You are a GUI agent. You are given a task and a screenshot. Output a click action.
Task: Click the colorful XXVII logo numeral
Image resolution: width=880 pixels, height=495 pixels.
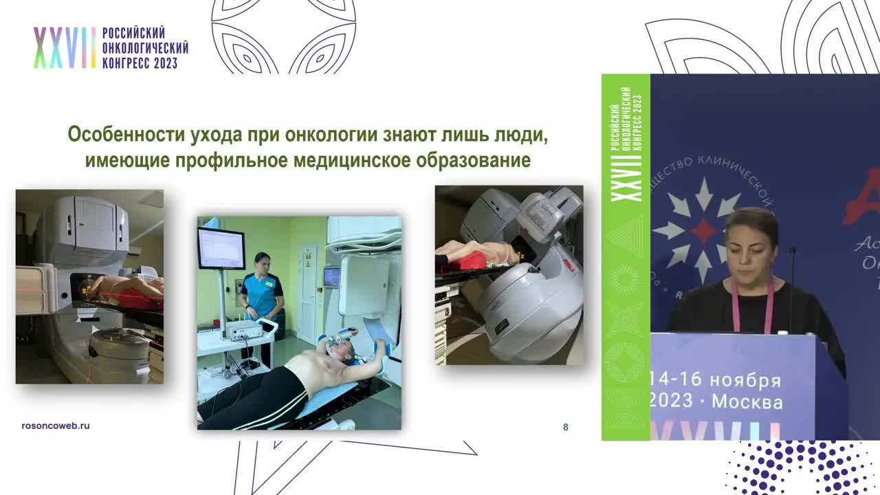click(65, 48)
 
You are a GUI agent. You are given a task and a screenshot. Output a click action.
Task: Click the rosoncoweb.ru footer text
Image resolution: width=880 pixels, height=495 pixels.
click(56, 426)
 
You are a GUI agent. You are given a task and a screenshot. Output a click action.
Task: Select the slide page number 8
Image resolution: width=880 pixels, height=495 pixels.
click(565, 427)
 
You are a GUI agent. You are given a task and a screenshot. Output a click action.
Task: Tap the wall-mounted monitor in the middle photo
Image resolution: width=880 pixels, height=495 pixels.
click(221, 248)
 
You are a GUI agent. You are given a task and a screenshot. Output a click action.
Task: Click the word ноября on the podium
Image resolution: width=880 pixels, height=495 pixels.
click(745, 380)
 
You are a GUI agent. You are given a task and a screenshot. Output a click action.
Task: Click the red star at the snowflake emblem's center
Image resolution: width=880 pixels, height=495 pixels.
click(702, 231)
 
